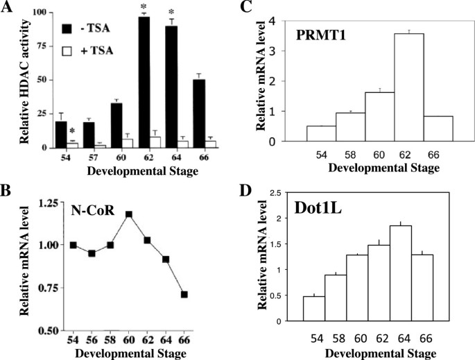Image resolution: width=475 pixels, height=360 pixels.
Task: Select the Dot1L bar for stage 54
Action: pyautogui.click(x=314, y=309)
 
